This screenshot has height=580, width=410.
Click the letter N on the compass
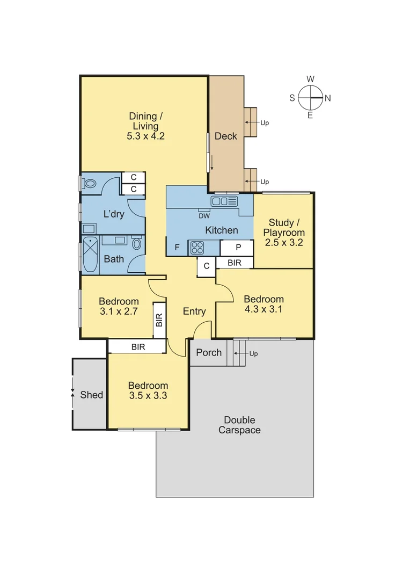[x=327, y=98]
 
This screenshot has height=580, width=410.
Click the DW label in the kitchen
[x=204, y=216]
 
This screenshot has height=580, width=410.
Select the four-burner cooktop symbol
[x=196, y=248]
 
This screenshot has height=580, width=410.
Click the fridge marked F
[x=177, y=248]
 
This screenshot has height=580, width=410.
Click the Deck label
[x=225, y=136]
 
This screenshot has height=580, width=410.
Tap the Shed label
[x=91, y=395]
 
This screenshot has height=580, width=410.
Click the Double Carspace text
[x=239, y=425]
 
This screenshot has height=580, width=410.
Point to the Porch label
[x=208, y=352]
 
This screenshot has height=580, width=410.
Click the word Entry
[x=194, y=311]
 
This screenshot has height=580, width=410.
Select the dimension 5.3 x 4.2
[x=145, y=136]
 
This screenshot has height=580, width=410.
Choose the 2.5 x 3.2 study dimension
[x=284, y=242]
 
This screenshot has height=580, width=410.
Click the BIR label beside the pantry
[x=234, y=263]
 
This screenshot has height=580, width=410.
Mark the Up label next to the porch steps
[x=254, y=354]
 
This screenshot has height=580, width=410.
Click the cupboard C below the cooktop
[x=206, y=266]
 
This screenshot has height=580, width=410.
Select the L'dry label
[x=114, y=214]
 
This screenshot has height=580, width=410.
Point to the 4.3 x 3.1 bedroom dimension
[x=263, y=309]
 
